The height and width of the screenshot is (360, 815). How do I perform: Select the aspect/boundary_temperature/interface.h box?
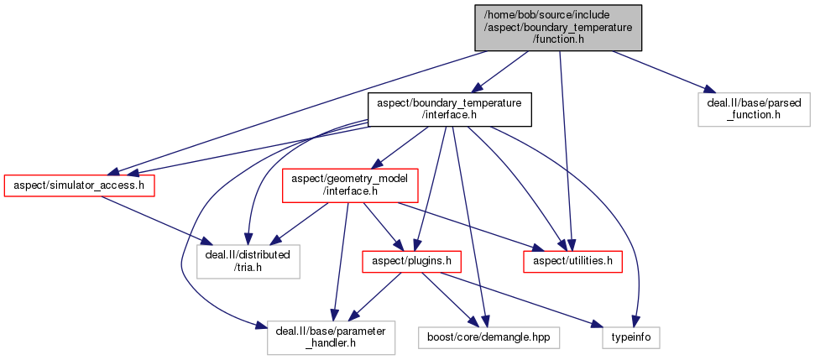[x=450, y=109]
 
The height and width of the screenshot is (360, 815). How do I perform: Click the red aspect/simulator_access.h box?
[x=81, y=185]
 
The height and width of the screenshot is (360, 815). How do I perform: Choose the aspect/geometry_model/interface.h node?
[x=338, y=185]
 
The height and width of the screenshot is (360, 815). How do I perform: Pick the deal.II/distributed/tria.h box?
[x=247, y=261]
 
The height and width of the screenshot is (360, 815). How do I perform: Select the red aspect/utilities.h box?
[x=572, y=261]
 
